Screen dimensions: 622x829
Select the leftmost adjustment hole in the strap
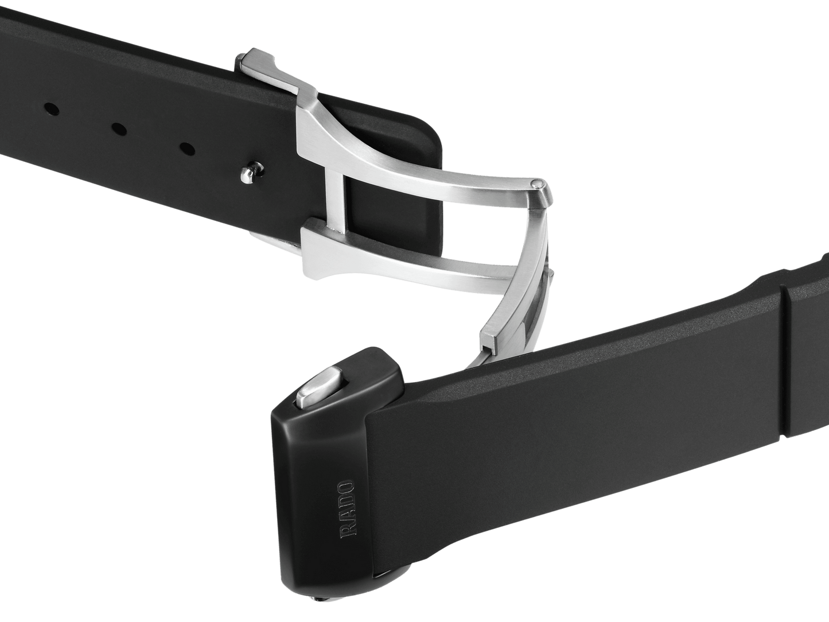point(50,107)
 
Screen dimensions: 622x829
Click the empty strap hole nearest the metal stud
point(186,149)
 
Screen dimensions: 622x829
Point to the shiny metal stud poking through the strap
point(249,173)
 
